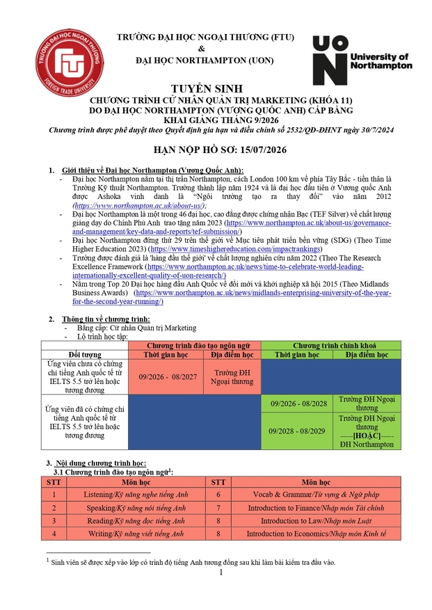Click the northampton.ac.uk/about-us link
tap(138, 207)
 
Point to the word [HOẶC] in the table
tap(366, 435)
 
